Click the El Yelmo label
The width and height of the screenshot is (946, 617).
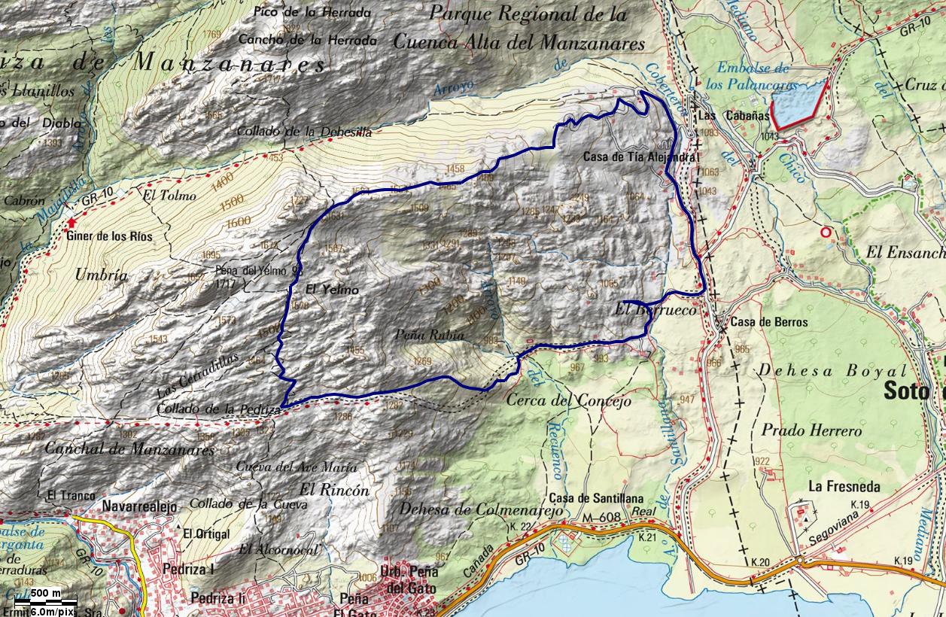click(x=332, y=290)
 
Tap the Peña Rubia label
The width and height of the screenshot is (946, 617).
click(x=428, y=335)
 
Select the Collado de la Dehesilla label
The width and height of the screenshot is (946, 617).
click(x=304, y=131)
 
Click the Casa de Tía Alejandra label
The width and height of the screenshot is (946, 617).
click(x=641, y=157)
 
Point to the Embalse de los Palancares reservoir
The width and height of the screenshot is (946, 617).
click(x=798, y=104)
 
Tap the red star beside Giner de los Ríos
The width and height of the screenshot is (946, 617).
click(x=72, y=223)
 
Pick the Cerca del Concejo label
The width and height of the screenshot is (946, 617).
click(x=568, y=400)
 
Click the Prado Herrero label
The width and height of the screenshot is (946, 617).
click(x=811, y=431)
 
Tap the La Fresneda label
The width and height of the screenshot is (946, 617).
click(x=844, y=487)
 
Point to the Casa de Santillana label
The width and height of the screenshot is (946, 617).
click(x=596, y=499)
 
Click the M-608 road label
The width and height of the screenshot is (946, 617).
click(x=599, y=518)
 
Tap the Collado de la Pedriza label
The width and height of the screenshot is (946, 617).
click(x=219, y=409)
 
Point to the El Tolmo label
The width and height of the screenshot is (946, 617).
click(x=169, y=196)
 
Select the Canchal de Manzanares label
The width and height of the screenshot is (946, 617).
click(x=129, y=450)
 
